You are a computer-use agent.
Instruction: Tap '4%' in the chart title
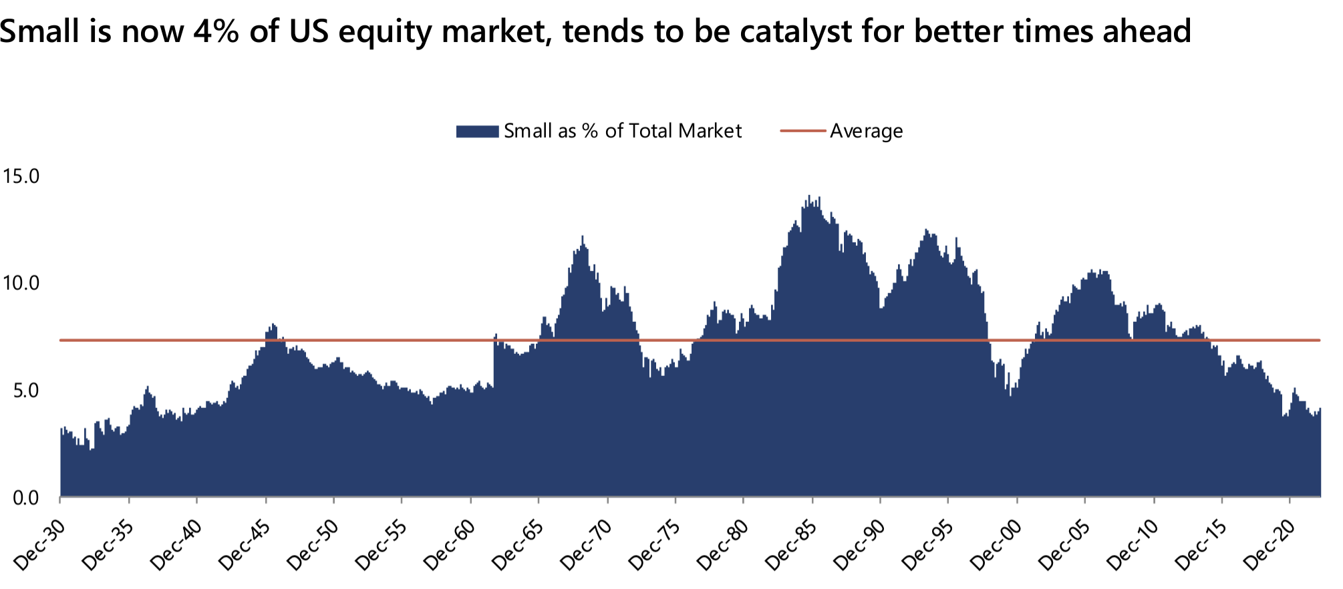coord(215,31)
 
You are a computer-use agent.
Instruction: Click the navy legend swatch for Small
coord(477,132)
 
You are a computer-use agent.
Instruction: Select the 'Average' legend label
coord(866,131)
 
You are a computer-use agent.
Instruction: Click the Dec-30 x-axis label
coord(40,545)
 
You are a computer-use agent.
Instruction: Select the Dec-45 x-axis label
coord(245,545)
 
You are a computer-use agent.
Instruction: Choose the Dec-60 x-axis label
coord(450,545)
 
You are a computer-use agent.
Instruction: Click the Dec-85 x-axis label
coord(792,545)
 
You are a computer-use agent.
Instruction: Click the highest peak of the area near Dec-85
coord(809,196)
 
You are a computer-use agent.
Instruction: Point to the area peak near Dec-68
coord(583,237)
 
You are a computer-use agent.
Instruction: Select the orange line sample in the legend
coord(802,131)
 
